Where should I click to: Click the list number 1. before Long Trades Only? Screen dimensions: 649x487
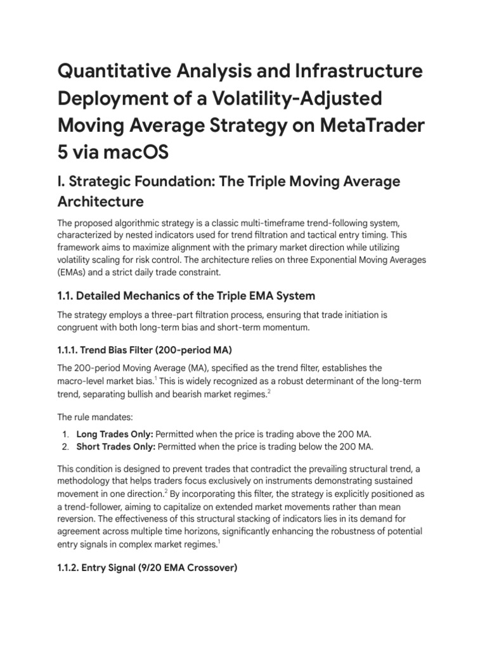(66, 434)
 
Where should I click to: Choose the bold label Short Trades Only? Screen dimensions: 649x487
(115, 446)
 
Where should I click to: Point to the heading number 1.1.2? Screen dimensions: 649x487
(70, 569)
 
